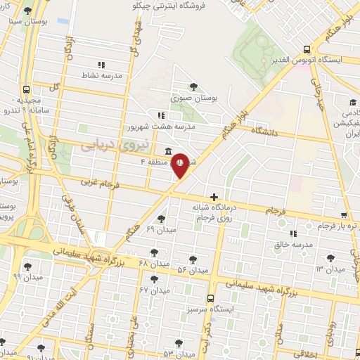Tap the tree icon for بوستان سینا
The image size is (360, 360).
coord(27,12)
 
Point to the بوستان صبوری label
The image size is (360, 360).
coord(193,98)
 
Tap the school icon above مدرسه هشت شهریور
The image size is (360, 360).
coord(161,115)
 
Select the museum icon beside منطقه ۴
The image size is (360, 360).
coord(168,151)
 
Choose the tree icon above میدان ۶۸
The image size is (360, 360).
coord(154,252)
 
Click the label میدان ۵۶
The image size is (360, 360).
coord(192,270)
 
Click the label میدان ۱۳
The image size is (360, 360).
coord(330,269)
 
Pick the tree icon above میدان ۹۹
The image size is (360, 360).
coord(27,266)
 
